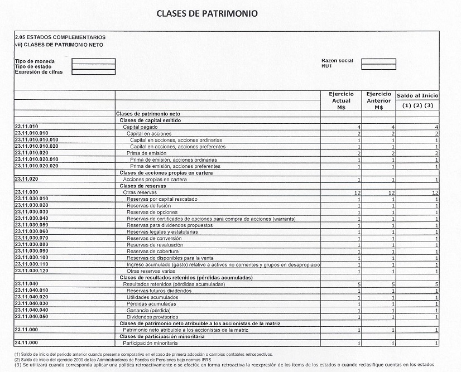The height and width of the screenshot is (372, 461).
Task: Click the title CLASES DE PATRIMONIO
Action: click(x=207, y=13)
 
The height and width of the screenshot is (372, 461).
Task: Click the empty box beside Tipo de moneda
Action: click(x=94, y=61)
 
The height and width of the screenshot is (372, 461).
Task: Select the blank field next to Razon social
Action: click(x=378, y=61)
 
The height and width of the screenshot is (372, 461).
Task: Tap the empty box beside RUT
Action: click(x=378, y=66)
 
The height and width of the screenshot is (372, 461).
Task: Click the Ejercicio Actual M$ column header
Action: click(x=342, y=101)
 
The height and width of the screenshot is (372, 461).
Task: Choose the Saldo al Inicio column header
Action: click(x=418, y=96)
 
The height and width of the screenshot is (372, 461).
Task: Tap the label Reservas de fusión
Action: click(x=150, y=205)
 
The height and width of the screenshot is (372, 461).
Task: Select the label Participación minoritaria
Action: click(x=153, y=343)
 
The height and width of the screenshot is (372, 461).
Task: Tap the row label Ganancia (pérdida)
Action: click(x=148, y=310)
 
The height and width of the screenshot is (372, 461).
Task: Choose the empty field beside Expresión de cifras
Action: click(x=94, y=71)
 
